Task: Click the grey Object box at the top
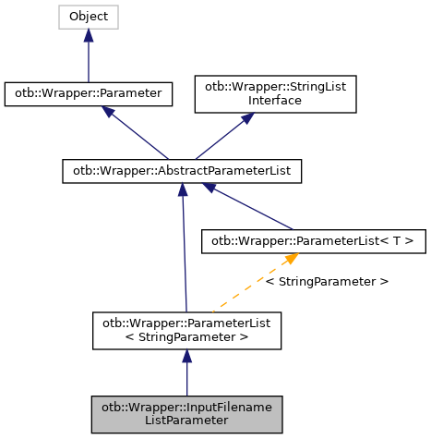[89, 17]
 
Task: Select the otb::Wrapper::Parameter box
[89, 93]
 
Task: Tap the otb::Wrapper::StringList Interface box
[274, 93]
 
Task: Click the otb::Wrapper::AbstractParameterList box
[182, 171]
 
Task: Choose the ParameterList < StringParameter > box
[187, 330]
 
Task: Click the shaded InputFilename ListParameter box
[187, 413]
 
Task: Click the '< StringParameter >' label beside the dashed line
[326, 280]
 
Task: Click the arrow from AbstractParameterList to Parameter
[138, 134]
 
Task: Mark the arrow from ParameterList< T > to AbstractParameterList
[249, 206]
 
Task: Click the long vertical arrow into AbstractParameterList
[185, 250]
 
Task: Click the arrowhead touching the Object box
[89, 35]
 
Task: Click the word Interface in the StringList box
[274, 101]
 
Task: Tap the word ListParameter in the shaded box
[187, 421]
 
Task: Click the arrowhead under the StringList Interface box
[246, 120]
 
